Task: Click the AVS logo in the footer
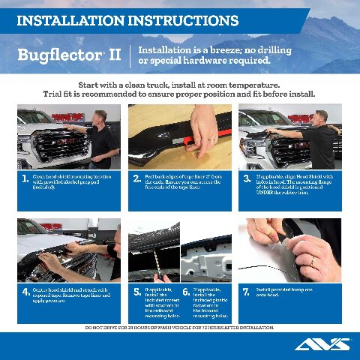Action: pos(322,344)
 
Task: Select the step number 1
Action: pos(25,179)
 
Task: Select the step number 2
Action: pos(136,179)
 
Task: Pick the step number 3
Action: pos(247,179)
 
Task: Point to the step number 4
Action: pos(26,292)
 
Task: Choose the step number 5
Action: pos(136,292)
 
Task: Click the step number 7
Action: pos(247,292)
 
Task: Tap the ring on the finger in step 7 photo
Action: pos(313,259)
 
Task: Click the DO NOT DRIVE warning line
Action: pos(180,328)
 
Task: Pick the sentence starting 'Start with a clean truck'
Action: pos(180,85)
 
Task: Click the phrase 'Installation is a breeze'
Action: pos(187,49)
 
